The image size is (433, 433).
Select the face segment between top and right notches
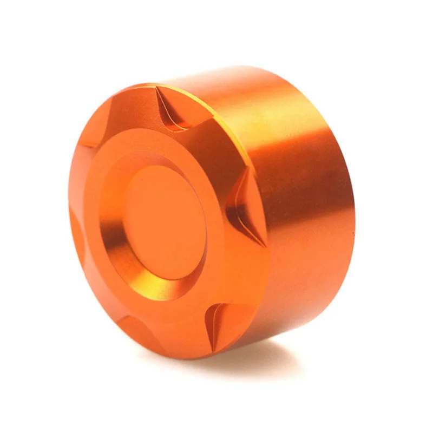(222, 146)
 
